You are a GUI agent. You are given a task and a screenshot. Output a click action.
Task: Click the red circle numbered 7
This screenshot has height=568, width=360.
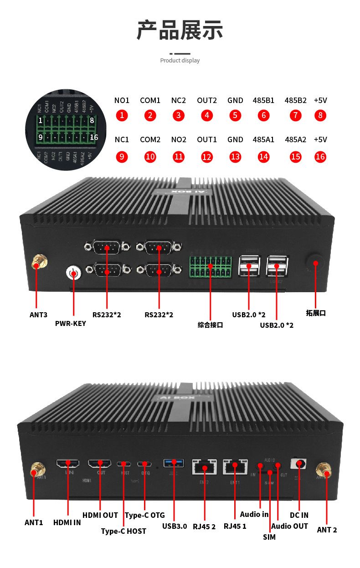pyautogui.click(x=295, y=115)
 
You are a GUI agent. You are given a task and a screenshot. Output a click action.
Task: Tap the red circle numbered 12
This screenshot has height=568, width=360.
pyautogui.click(x=207, y=157)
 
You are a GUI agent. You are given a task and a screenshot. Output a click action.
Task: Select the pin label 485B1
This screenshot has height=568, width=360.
pyautogui.click(x=263, y=100)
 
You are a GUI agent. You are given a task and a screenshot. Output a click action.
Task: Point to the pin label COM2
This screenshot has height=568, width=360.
pyautogui.click(x=150, y=139)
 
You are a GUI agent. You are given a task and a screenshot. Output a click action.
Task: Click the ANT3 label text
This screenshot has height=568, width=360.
pyautogui.click(x=38, y=315)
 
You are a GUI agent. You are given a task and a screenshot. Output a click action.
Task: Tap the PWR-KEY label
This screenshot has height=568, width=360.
pyautogui.click(x=70, y=324)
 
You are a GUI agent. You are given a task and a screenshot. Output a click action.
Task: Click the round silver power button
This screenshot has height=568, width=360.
pyautogui.click(x=73, y=273)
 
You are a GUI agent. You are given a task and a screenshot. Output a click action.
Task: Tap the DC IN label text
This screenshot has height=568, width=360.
pyautogui.click(x=299, y=515)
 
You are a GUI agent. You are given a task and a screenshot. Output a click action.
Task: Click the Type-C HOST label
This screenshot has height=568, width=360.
pyautogui.click(x=123, y=531)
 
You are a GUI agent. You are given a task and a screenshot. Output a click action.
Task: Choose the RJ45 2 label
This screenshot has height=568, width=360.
pyautogui.click(x=204, y=526)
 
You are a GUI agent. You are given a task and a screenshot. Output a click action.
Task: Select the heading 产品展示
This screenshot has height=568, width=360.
pyautogui.click(x=180, y=30)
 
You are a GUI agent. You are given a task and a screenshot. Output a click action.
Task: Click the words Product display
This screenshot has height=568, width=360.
pyautogui.click(x=180, y=60)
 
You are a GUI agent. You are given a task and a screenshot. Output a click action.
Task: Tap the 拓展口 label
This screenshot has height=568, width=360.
pyautogui.click(x=316, y=313)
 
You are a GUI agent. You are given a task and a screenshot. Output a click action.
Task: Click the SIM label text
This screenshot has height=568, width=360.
pyautogui.click(x=269, y=537)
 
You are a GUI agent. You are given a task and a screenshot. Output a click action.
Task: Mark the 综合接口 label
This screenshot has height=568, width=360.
pyautogui.click(x=210, y=325)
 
